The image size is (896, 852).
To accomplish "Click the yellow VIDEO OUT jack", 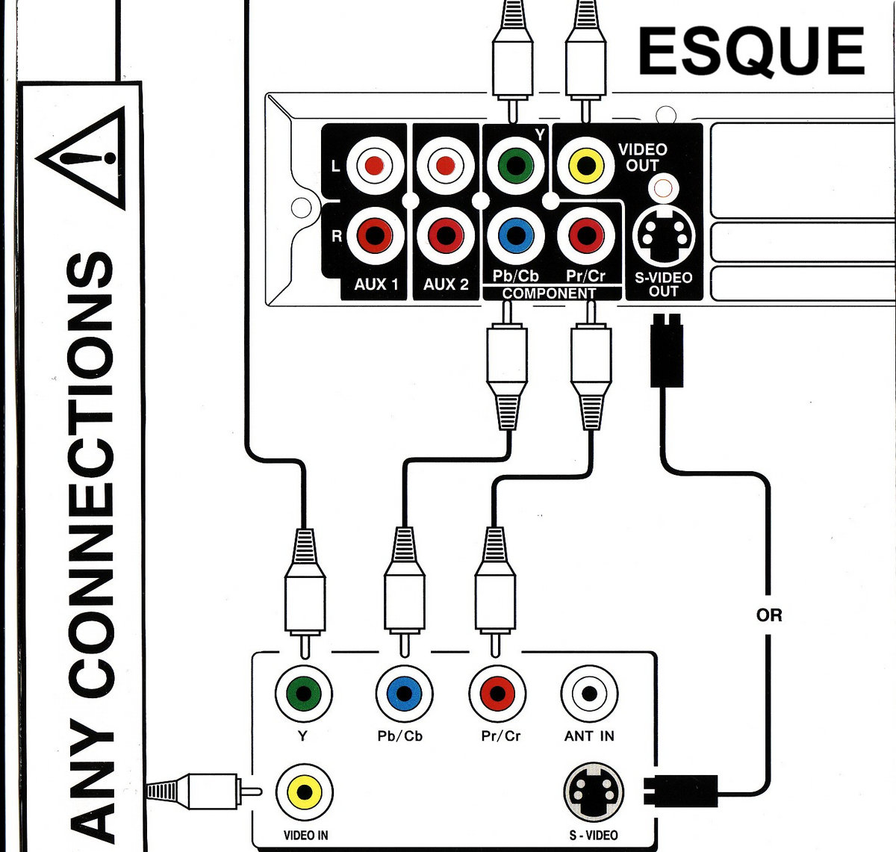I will click(586, 165).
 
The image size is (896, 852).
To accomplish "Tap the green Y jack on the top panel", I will click(516, 165).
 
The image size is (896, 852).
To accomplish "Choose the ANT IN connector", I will click(589, 694).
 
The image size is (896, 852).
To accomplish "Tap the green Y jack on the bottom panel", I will click(304, 694).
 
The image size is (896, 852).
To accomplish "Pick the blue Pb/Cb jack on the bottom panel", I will click(404, 694).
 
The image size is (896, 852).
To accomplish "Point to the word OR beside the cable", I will click(769, 615).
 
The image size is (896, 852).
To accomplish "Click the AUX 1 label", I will click(376, 284).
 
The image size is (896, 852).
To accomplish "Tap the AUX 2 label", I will click(446, 284).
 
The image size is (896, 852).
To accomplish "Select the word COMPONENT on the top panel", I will click(549, 293).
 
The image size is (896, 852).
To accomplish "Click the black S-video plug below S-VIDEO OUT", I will click(667, 351).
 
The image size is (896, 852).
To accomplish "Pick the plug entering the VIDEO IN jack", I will click(205, 791).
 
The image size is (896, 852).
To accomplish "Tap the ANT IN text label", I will click(589, 736).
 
